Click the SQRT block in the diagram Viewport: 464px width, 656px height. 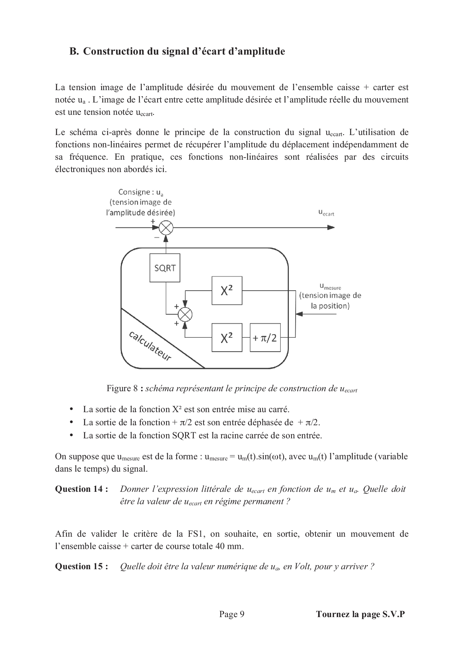(x=165, y=268)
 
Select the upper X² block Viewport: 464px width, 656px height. (x=227, y=291)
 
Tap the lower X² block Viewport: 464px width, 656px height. (x=227, y=338)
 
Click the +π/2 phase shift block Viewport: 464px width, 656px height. (x=265, y=338)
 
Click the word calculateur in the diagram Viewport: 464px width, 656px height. (x=150, y=346)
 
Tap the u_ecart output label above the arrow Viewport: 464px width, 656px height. (x=326, y=212)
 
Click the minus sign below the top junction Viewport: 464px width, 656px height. (x=156, y=237)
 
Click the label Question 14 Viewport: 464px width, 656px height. (x=82, y=489)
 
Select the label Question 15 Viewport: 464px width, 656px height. (x=82, y=567)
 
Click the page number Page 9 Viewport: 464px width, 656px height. (x=232, y=614)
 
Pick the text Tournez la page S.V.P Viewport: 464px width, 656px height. (x=360, y=614)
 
